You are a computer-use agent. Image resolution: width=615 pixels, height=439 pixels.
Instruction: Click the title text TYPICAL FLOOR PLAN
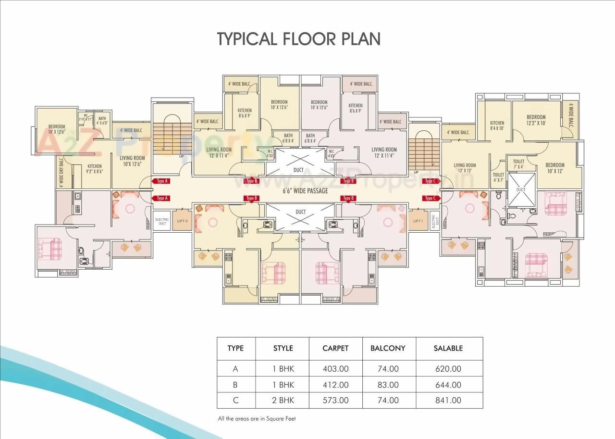(x=298, y=39)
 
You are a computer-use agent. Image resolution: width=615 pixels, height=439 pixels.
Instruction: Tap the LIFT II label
(x=182, y=221)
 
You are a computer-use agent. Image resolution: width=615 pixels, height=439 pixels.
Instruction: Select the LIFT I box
(x=418, y=221)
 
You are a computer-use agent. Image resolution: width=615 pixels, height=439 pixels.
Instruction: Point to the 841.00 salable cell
(x=447, y=400)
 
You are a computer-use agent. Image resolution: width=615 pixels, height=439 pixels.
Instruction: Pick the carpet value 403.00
(x=335, y=369)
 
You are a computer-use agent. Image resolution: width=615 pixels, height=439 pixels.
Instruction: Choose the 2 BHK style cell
(x=283, y=400)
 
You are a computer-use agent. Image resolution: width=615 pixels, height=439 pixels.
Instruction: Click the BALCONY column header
(x=388, y=348)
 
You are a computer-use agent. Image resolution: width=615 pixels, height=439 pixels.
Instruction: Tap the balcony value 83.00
(x=388, y=385)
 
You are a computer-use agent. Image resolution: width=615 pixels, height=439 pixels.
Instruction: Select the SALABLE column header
(x=448, y=348)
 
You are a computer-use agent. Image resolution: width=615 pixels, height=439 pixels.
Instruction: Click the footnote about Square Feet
(x=257, y=419)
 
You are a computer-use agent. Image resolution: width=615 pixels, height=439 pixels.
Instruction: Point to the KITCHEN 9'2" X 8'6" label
(x=95, y=169)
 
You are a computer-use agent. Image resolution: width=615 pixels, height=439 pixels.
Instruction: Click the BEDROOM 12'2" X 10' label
(x=536, y=120)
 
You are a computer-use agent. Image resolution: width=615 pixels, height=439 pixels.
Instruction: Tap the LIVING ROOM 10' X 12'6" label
(x=132, y=161)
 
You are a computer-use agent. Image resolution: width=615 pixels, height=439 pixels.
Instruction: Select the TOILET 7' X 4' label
(x=518, y=164)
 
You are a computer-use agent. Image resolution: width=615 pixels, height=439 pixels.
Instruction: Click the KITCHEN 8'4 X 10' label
(x=497, y=125)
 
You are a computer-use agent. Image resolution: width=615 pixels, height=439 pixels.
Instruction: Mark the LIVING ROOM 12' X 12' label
(x=465, y=168)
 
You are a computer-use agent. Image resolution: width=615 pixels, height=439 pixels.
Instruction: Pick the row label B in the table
(x=235, y=385)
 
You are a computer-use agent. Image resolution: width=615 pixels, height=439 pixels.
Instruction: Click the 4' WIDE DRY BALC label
(x=61, y=172)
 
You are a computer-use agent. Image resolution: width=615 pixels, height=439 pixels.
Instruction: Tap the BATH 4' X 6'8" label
(x=102, y=121)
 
